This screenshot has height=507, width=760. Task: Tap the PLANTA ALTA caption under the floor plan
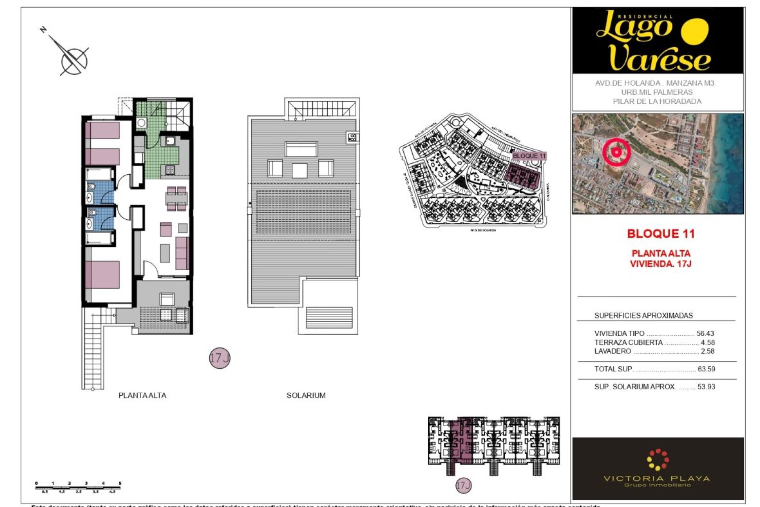142,395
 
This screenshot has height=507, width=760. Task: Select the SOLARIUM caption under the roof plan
306,395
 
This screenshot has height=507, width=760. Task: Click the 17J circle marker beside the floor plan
219,358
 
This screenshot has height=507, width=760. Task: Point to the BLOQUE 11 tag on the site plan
529,156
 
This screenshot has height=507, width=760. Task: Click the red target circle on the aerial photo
616,152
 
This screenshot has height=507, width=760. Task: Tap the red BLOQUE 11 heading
661,234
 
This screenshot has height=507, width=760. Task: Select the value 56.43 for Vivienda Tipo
705,334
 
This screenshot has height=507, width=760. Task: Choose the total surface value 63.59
706,369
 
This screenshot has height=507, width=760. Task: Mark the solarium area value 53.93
706,387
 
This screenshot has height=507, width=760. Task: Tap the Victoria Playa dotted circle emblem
657,459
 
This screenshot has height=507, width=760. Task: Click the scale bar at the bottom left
78,487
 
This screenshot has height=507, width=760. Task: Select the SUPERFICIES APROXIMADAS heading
643,316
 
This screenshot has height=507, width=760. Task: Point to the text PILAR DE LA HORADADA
657,101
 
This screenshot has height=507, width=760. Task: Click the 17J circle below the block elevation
463,485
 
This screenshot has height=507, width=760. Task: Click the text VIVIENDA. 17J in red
660,264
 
